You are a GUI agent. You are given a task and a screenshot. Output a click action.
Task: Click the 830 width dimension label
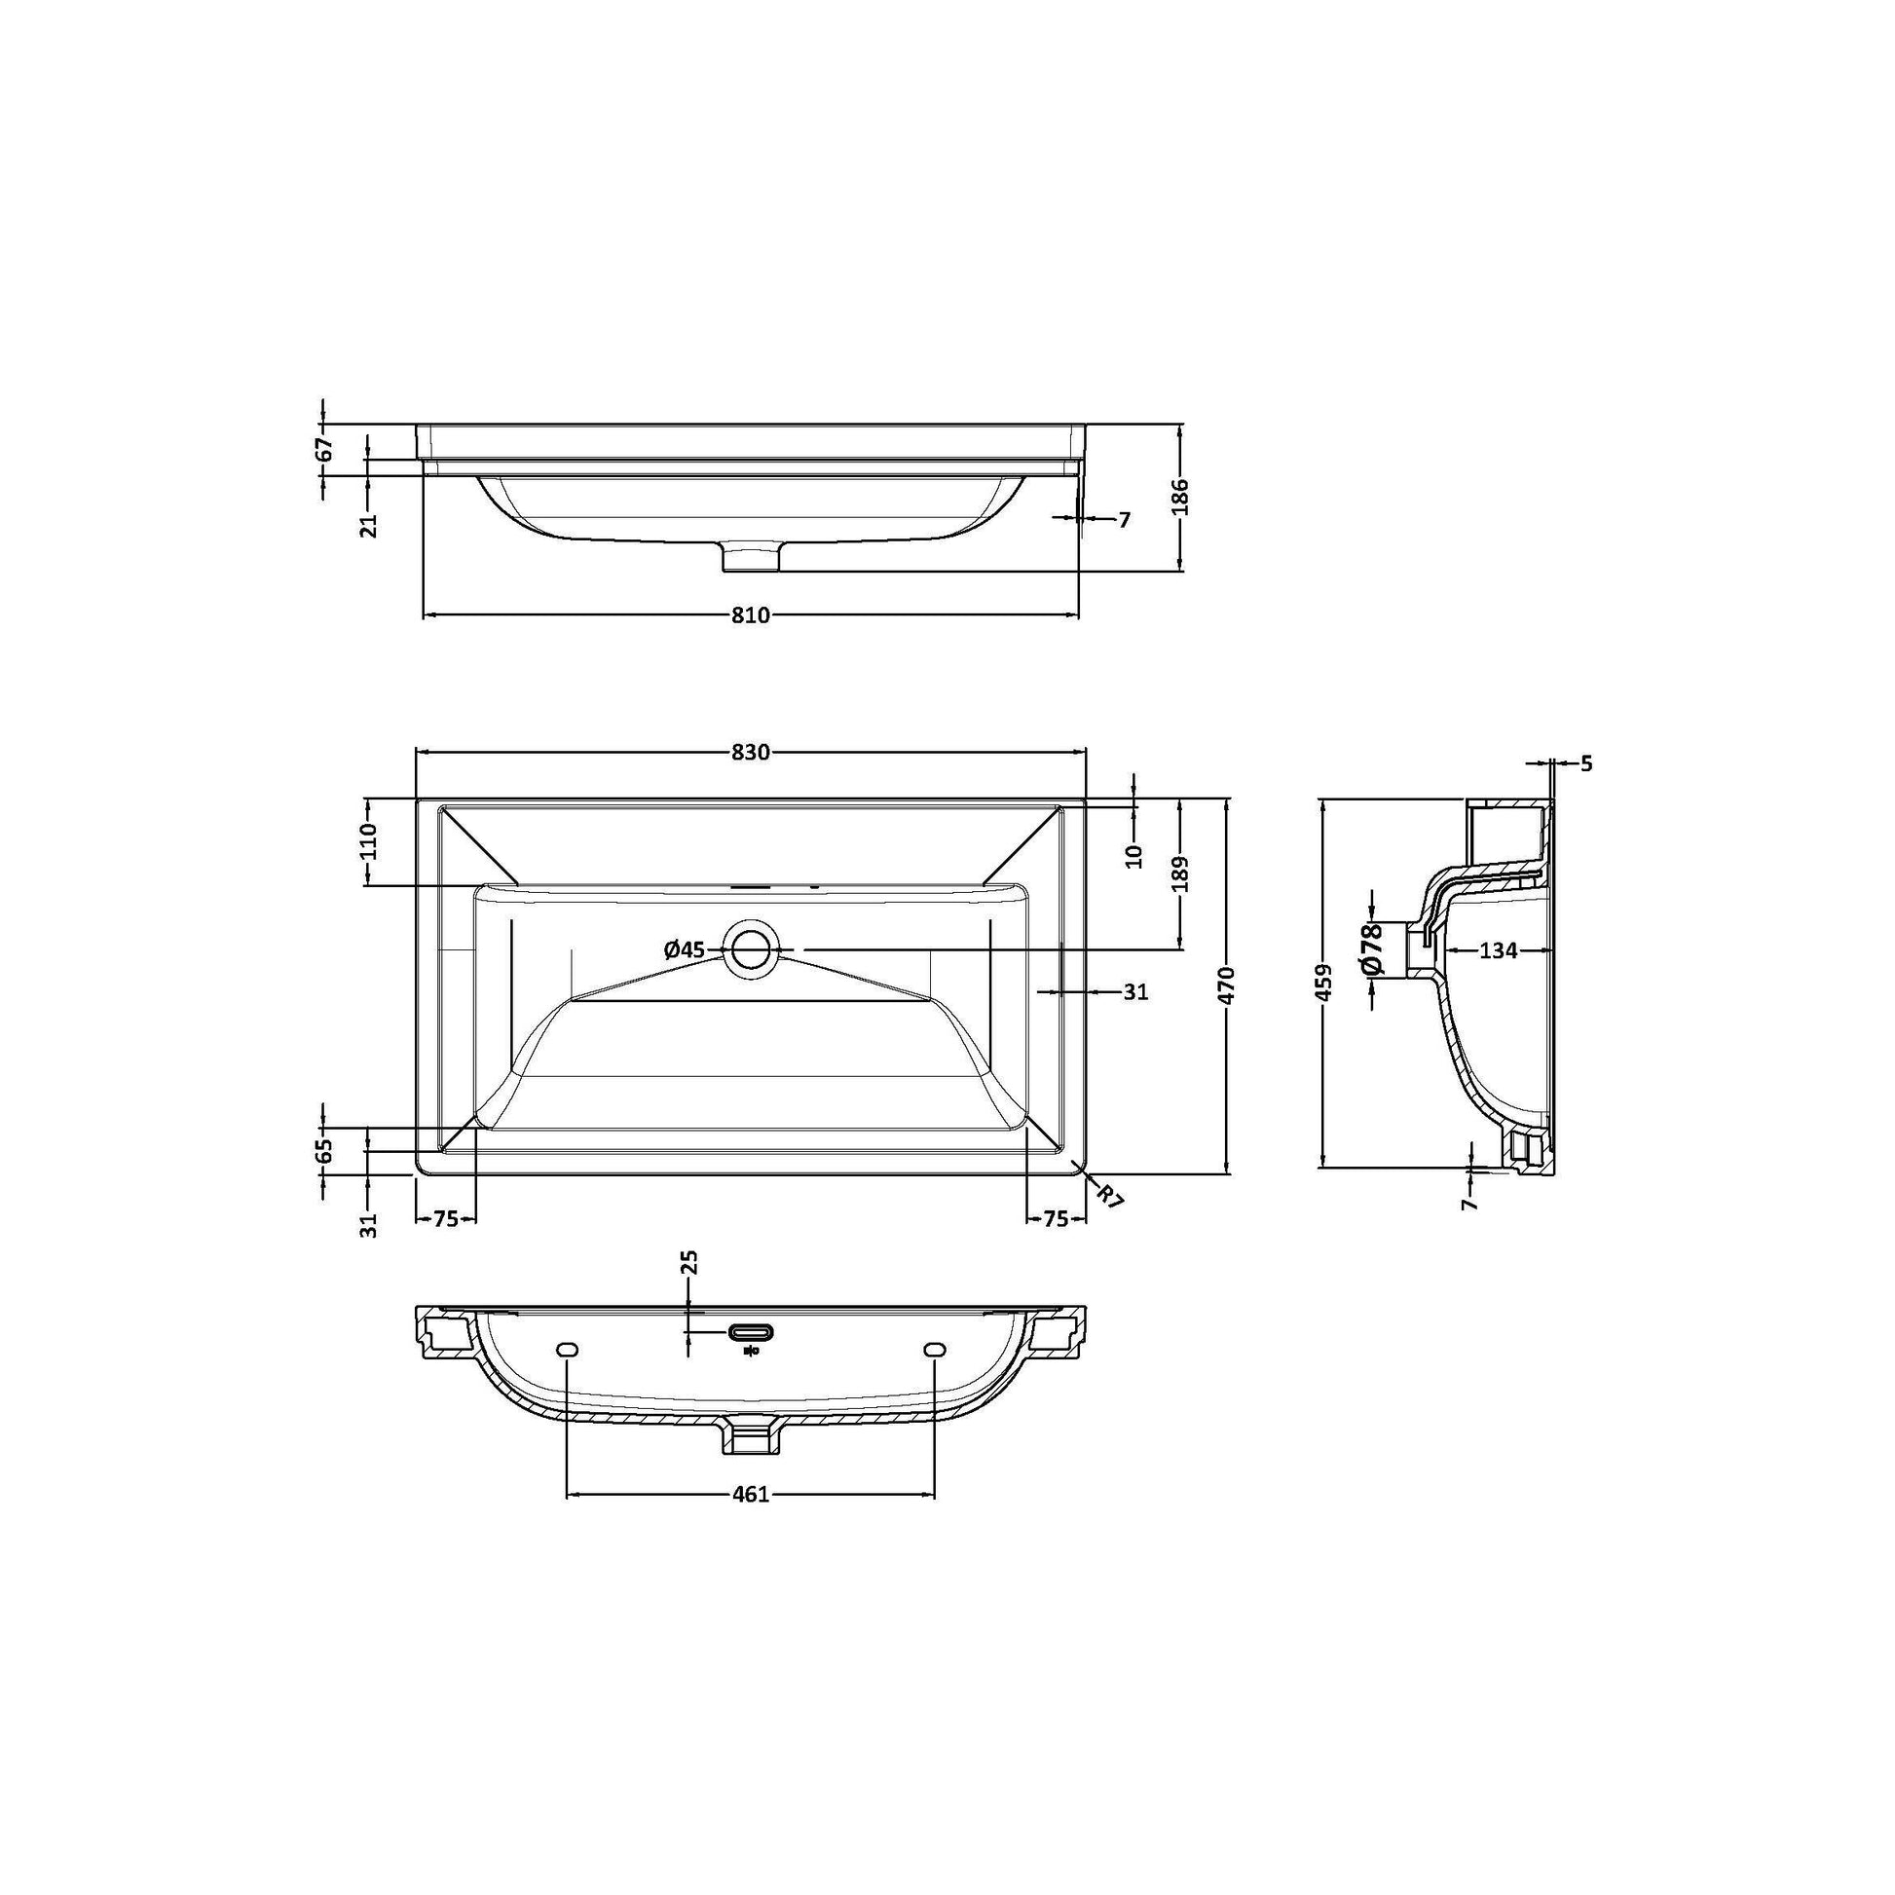point(751,753)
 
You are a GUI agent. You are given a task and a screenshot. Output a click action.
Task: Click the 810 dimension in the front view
point(751,615)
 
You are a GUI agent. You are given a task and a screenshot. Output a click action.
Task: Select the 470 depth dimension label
point(1228,985)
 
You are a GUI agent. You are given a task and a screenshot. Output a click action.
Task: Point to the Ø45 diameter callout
point(685,948)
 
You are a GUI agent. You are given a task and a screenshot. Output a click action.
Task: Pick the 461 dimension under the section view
point(751,1521)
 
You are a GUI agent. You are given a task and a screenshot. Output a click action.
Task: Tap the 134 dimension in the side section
point(1498,949)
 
